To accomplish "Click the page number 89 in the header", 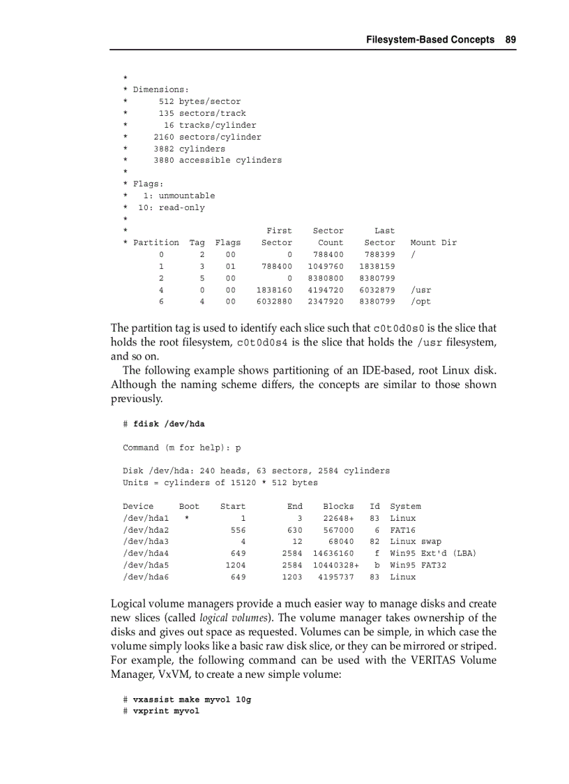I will point(510,40).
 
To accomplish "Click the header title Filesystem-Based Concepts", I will point(430,40).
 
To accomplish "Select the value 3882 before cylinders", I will point(164,149).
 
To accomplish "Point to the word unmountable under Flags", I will point(187,195).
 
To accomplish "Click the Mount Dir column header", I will point(433,242).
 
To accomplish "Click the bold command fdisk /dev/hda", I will point(169,424).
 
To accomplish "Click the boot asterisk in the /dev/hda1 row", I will point(186,519).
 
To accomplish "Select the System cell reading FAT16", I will point(402,530).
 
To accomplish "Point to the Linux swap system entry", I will point(415,542).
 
